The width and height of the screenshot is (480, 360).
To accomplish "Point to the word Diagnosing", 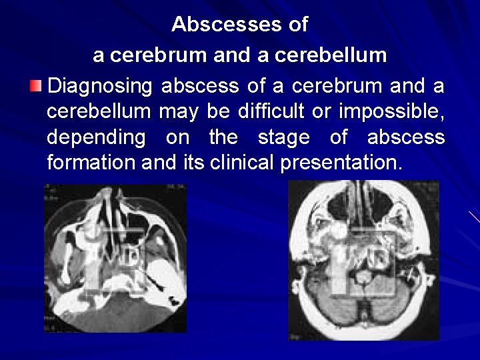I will coord(100,87).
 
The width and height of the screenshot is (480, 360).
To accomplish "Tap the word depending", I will coord(96,138).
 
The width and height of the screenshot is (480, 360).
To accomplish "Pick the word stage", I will coord(283,137).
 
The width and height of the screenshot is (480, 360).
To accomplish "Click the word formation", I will coord(92,163).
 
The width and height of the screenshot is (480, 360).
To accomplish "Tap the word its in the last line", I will coord(193,163).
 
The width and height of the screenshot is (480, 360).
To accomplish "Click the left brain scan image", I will coord(115,258).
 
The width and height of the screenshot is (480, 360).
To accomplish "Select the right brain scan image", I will coord(363,260).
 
